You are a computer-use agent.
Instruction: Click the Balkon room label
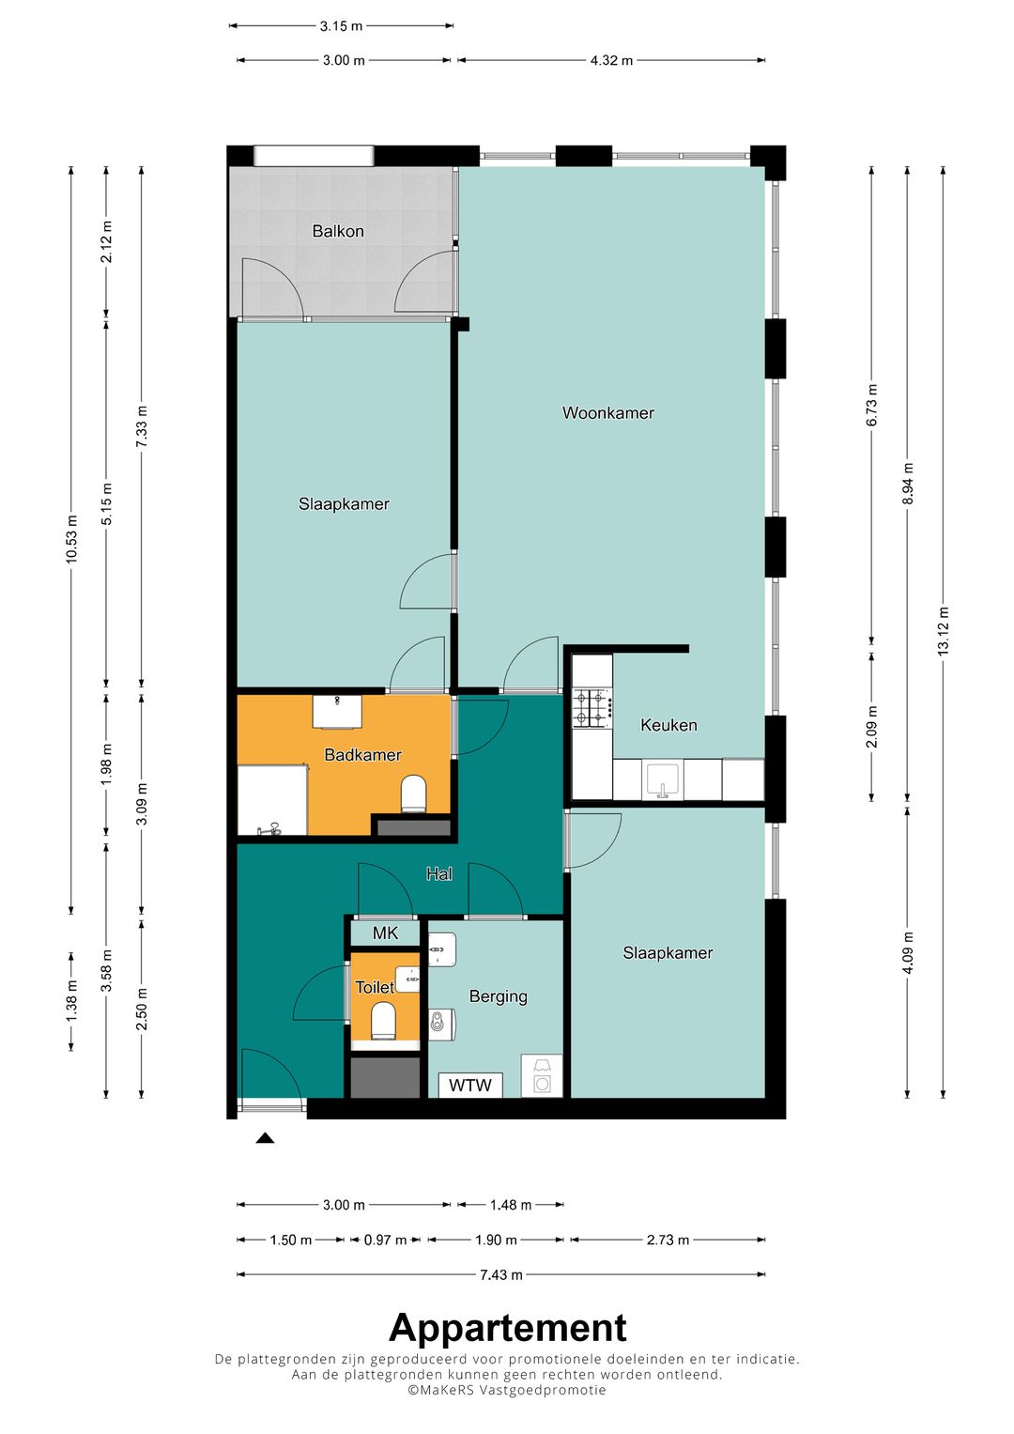(338, 231)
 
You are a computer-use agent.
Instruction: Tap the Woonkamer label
(608, 413)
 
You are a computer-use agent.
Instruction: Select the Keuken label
(668, 725)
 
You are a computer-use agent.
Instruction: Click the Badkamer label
(363, 755)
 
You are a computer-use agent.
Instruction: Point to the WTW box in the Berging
(469, 1085)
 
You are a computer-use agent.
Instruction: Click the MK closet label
(385, 933)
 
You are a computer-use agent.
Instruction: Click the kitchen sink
(663, 779)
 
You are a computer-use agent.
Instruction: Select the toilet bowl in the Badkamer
(413, 794)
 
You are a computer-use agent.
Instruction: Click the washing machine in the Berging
(542, 1076)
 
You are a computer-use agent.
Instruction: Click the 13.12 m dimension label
(943, 629)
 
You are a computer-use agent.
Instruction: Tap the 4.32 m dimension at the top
(611, 61)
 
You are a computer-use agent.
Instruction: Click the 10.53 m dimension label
(71, 539)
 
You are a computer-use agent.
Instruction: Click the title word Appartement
(507, 1328)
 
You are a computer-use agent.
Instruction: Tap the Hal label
(439, 874)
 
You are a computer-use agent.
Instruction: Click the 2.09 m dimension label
(871, 727)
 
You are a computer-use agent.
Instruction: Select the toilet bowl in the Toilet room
(383, 1019)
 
